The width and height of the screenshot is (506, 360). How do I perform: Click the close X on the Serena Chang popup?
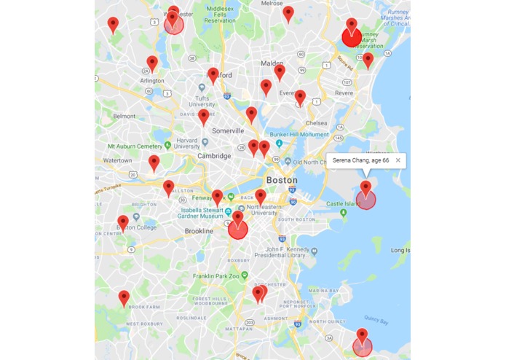point(398,160)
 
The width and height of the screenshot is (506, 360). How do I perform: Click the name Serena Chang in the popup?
point(352,160)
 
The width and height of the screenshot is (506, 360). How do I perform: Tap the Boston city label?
point(282,180)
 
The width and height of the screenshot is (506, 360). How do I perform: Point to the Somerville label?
point(227,130)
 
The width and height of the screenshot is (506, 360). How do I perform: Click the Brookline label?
point(198,231)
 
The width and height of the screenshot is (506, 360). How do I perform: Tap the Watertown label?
point(116,160)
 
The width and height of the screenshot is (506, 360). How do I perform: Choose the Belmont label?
point(124,116)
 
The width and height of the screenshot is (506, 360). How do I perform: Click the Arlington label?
point(152,81)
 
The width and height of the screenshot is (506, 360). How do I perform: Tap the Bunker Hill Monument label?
point(300,134)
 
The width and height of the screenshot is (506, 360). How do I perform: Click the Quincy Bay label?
point(376,320)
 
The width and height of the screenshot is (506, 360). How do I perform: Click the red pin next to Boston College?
point(123,222)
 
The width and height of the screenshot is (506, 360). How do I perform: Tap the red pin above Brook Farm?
point(124,297)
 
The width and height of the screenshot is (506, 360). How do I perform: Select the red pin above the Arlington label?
point(152,63)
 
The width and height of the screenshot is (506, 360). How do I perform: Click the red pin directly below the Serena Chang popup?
point(365,188)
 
